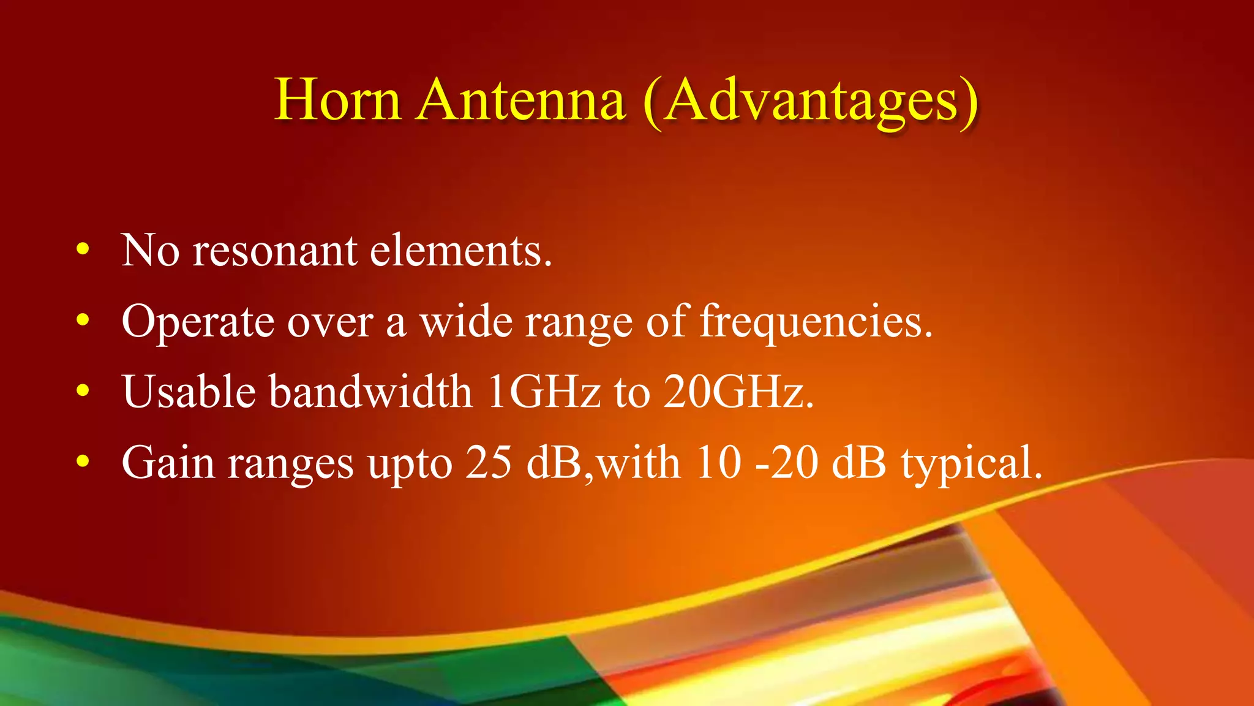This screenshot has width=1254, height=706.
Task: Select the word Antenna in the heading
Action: point(521,100)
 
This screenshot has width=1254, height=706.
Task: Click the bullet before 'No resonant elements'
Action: point(83,250)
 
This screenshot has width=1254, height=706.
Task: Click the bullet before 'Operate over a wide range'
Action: point(83,321)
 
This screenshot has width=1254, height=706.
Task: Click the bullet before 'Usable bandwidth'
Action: point(83,391)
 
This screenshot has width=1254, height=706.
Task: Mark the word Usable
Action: point(189,392)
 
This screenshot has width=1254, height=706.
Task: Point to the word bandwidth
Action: point(371,392)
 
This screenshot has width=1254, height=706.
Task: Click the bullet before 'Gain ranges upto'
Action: point(83,461)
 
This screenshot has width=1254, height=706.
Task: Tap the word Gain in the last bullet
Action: point(168,463)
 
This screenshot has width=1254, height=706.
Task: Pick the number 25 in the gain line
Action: point(488,463)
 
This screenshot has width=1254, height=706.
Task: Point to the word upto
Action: point(410,465)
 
